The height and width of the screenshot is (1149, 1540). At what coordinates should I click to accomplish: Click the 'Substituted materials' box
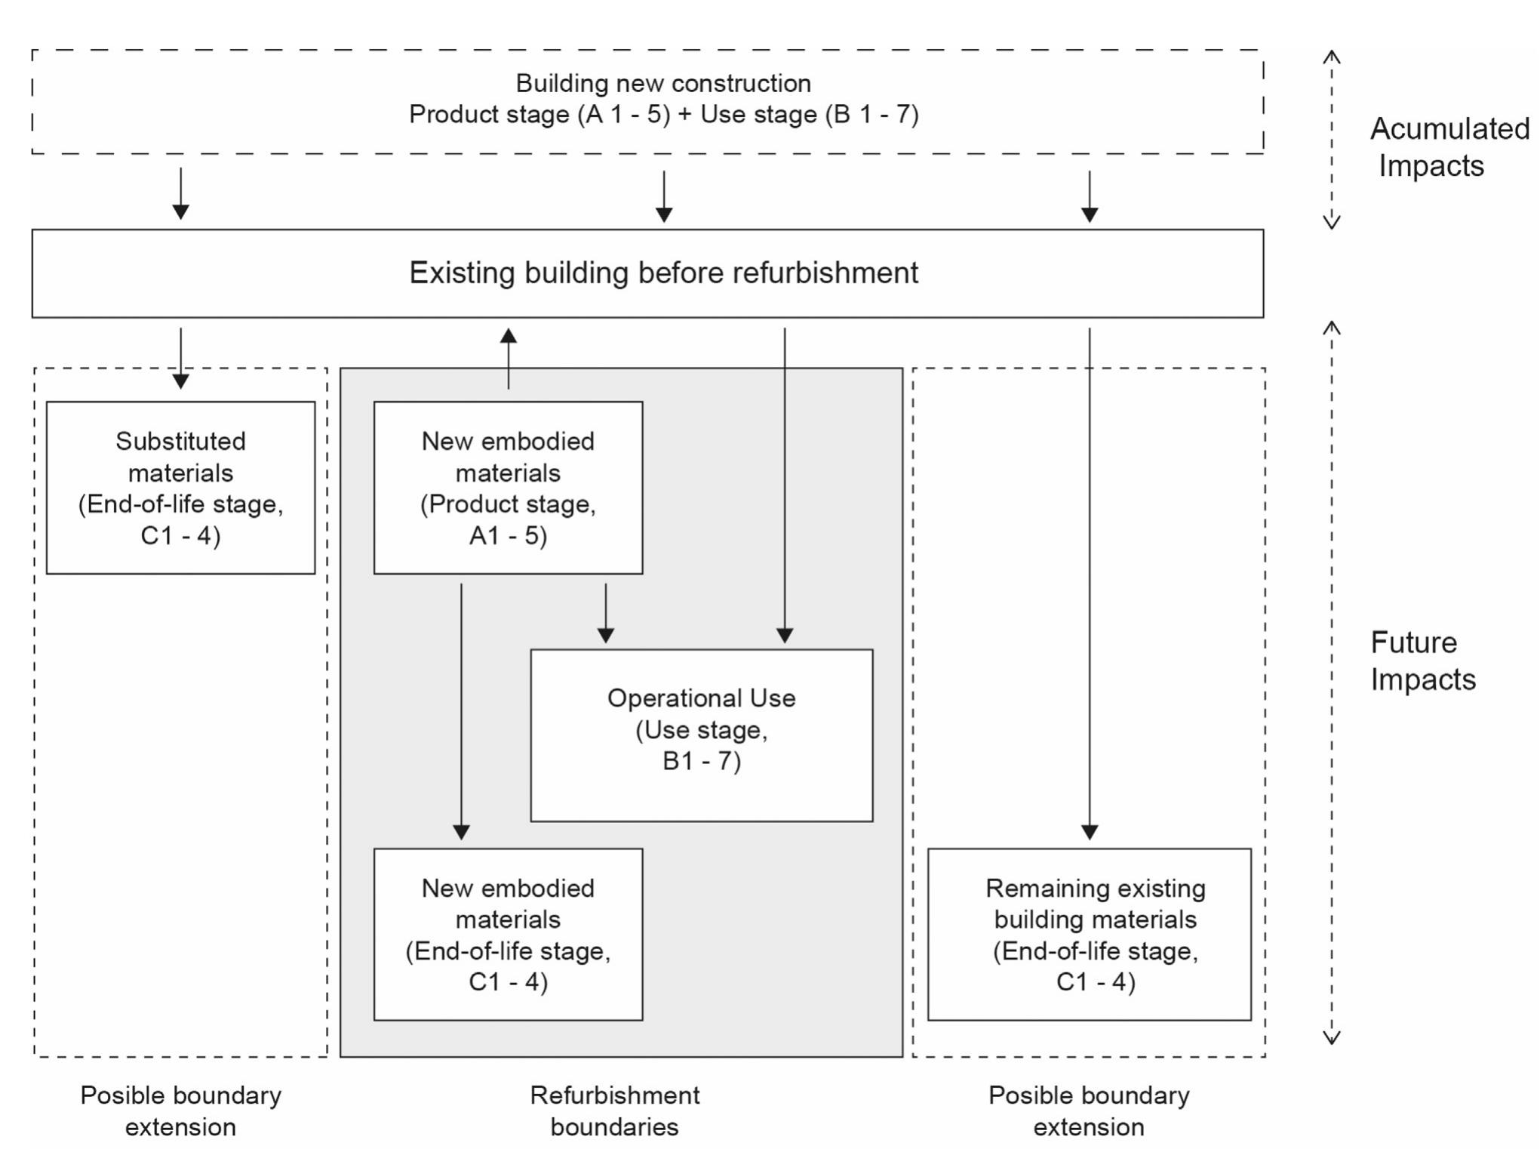click(x=180, y=488)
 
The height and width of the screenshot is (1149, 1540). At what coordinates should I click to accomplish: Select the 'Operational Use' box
click(x=701, y=735)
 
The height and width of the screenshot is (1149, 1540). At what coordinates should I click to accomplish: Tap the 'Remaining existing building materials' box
click(x=1089, y=935)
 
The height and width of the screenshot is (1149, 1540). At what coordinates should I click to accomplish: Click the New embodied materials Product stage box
click(x=508, y=488)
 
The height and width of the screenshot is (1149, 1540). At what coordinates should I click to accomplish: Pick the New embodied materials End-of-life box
click(x=508, y=935)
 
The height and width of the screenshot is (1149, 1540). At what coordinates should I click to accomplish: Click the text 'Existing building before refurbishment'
click(x=663, y=273)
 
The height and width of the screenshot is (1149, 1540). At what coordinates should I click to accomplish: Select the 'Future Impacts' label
click(x=1422, y=661)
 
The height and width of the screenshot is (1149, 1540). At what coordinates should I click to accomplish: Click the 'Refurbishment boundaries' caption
click(x=614, y=1110)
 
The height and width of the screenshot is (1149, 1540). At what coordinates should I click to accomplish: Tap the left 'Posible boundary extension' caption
click(x=180, y=1110)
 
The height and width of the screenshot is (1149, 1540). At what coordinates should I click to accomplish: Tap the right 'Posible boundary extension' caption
click(x=1089, y=1110)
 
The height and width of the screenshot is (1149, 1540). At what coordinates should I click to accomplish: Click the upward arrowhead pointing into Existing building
click(x=509, y=337)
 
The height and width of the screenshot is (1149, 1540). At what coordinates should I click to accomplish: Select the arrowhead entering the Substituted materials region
click(x=180, y=380)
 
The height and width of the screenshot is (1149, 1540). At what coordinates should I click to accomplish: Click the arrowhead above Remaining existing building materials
click(x=1090, y=831)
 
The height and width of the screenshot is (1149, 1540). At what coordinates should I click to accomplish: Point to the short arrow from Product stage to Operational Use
click(x=605, y=612)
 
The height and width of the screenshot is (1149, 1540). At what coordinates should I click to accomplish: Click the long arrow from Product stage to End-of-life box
click(x=461, y=710)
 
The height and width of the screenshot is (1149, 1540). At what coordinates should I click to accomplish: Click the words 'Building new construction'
click(x=663, y=83)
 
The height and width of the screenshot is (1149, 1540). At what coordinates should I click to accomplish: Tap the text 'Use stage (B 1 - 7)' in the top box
click(x=809, y=114)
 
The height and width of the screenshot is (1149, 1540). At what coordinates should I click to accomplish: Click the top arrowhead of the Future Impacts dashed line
click(x=1332, y=328)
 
